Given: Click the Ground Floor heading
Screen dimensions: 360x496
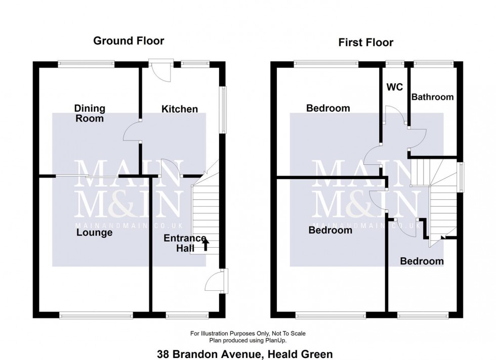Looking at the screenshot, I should [x=129, y=41].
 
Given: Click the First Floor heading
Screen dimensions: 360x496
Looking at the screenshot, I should [x=365, y=42].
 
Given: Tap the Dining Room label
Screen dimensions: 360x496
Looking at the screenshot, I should [x=90, y=113].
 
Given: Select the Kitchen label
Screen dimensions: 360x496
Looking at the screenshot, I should [x=180, y=109].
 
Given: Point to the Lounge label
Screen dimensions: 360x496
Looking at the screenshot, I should [x=95, y=233].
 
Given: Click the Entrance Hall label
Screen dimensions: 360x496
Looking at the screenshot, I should [x=185, y=243].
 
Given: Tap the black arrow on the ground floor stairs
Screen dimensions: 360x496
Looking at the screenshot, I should [x=205, y=245].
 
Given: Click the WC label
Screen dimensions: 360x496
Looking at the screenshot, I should [x=394, y=87].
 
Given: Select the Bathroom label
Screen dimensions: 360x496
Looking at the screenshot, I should [x=432, y=97].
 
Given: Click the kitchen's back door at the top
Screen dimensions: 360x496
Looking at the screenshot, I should [x=161, y=71].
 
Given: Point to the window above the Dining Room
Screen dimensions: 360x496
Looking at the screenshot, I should [x=86, y=64].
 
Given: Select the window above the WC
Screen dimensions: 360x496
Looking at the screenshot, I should [x=394, y=64].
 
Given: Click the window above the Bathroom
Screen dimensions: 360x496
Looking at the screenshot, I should [x=433, y=64].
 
